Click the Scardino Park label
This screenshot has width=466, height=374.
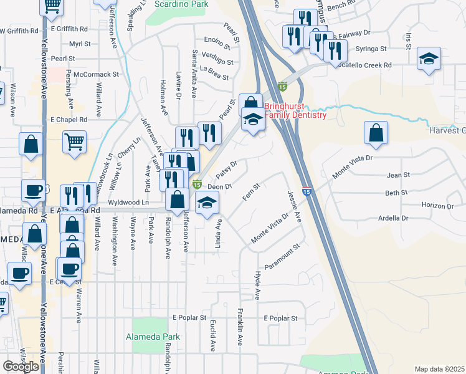tap(181, 3)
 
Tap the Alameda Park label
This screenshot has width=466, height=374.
tap(156, 337)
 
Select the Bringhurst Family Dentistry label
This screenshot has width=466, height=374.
tap(295, 110)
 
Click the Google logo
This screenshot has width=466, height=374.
tap(21, 367)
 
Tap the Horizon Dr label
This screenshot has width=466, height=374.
tap(437, 206)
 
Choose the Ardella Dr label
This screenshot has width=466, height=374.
tap(392, 218)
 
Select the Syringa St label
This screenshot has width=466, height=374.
tap(371, 48)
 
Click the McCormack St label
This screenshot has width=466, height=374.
tap(96, 74)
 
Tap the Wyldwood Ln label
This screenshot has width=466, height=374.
tap(128, 203)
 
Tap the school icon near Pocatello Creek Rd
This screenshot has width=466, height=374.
tap(429, 60)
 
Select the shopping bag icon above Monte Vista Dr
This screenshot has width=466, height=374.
tap(376, 133)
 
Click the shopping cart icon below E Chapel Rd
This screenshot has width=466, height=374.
tap(74, 141)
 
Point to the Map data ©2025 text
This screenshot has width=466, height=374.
tap(439, 369)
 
